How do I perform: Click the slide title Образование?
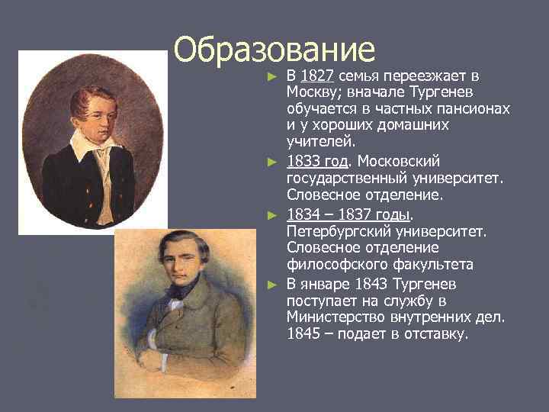(274, 50)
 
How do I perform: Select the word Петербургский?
(333, 231)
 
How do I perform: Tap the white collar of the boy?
(89, 145)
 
